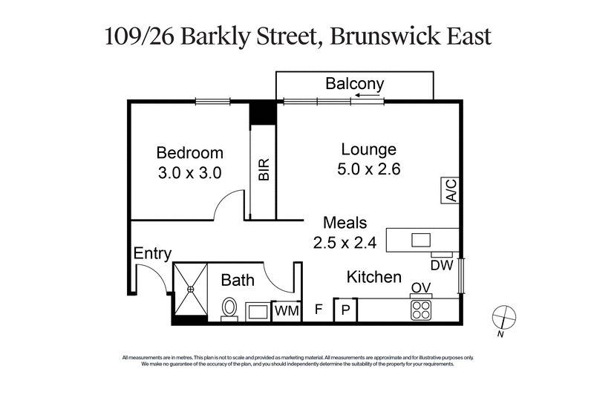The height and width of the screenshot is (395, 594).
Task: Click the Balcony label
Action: [x=355, y=84]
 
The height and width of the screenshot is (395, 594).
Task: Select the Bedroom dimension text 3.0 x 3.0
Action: [x=190, y=172]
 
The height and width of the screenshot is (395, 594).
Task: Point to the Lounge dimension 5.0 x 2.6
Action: [x=369, y=169]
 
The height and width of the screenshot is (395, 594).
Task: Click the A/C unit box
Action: [x=450, y=190]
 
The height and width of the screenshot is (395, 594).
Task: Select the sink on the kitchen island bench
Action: [x=421, y=239]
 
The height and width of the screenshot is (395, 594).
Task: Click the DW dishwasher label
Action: [x=441, y=264]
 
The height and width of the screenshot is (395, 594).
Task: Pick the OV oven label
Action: [x=421, y=288]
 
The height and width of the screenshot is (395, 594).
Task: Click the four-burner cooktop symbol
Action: [x=422, y=309]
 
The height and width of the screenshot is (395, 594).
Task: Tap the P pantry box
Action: [x=345, y=310]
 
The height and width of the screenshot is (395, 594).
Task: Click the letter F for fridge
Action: [x=319, y=310]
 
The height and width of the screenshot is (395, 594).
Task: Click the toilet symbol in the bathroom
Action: [x=230, y=307]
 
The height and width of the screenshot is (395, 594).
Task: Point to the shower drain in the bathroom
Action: [x=189, y=289]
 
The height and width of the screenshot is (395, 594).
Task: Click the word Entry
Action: [x=152, y=253]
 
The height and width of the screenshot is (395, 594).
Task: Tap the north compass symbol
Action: [x=503, y=316]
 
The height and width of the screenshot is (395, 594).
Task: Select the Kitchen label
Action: [x=374, y=277]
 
